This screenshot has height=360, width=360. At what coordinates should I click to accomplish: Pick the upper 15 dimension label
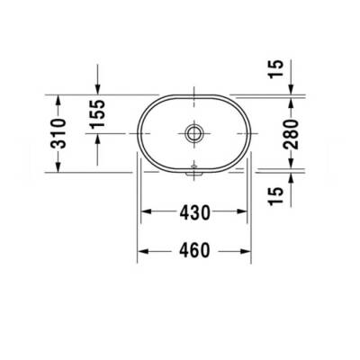click(278, 67)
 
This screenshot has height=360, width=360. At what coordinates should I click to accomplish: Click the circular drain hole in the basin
click(193, 133)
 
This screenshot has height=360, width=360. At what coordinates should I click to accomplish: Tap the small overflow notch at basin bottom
click(193, 167)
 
